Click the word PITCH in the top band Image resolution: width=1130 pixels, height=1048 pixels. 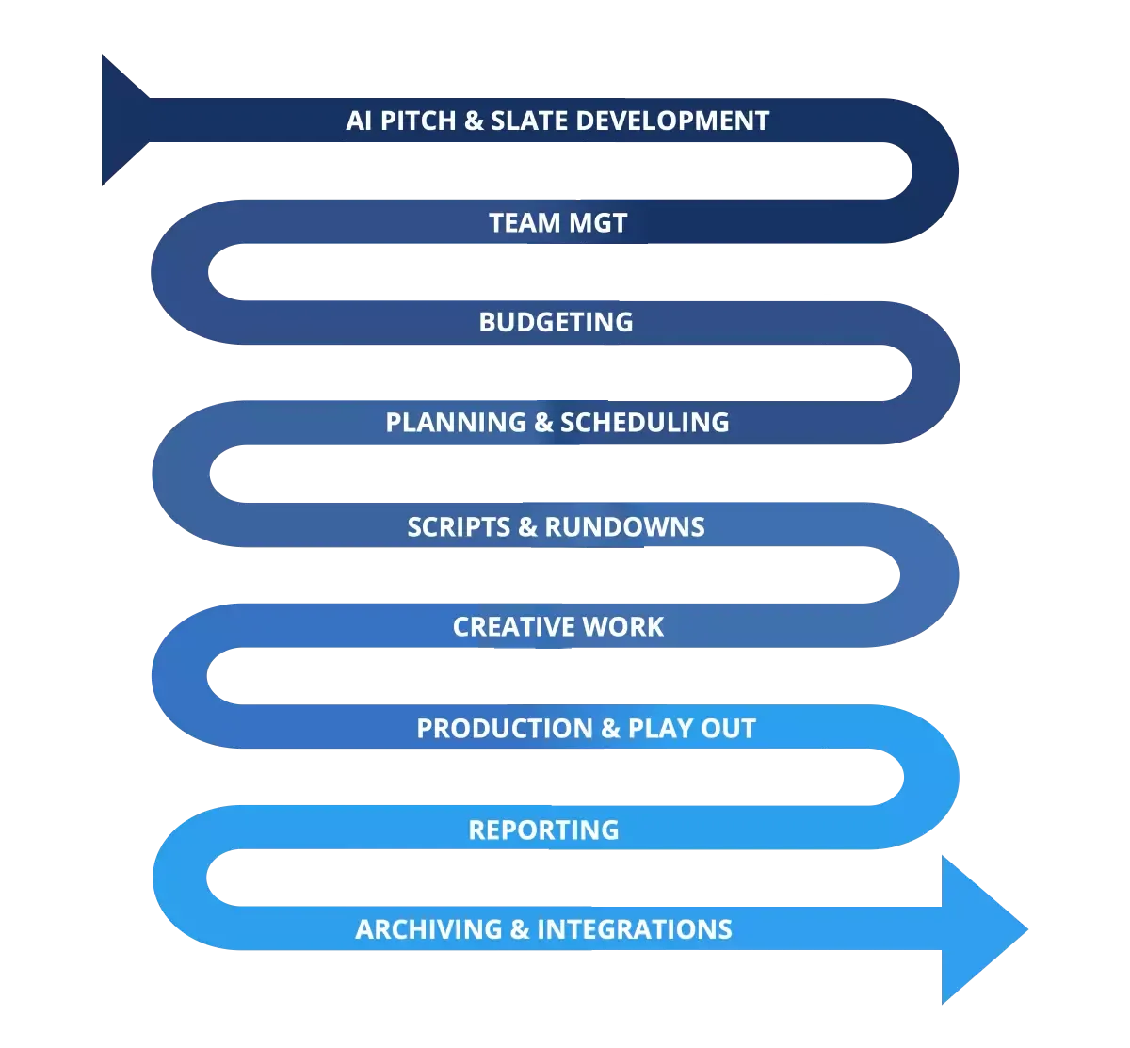click(x=418, y=121)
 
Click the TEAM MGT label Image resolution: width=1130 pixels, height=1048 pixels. click(x=558, y=222)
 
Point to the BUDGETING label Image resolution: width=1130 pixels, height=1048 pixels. click(x=556, y=322)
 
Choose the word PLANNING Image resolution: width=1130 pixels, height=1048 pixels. click(x=457, y=422)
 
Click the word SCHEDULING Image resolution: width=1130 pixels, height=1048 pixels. click(x=645, y=422)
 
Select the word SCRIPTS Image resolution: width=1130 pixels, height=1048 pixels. click(x=459, y=527)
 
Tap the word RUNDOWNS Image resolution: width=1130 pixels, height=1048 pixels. click(x=624, y=527)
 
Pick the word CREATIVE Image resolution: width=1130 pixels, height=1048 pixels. click(x=514, y=627)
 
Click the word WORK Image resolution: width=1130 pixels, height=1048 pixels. click(x=623, y=627)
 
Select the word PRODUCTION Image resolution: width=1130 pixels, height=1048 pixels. click(x=505, y=728)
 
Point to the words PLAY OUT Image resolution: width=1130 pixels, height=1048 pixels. click(x=692, y=728)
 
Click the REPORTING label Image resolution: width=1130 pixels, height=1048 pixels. click(x=543, y=830)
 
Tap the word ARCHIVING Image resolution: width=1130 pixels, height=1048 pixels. click(x=429, y=929)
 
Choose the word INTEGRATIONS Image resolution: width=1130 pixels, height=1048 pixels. click(x=635, y=929)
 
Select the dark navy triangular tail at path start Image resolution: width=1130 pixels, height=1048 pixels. click(x=122, y=120)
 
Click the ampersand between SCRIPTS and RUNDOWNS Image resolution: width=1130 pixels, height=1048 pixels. click(x=527, y=527)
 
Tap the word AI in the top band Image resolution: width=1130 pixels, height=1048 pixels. click(x=359, y=121)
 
